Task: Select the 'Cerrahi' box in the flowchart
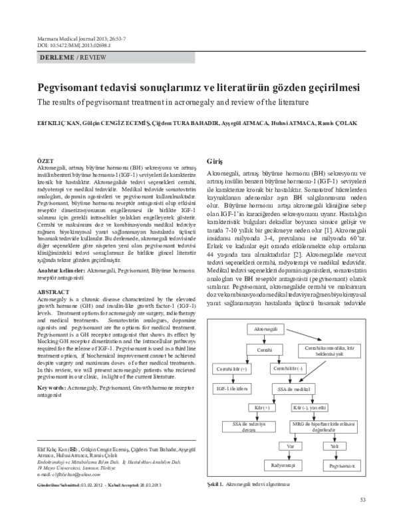click(261, 349)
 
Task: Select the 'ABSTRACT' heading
click(50, 310)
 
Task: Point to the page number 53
click(362, 500)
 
